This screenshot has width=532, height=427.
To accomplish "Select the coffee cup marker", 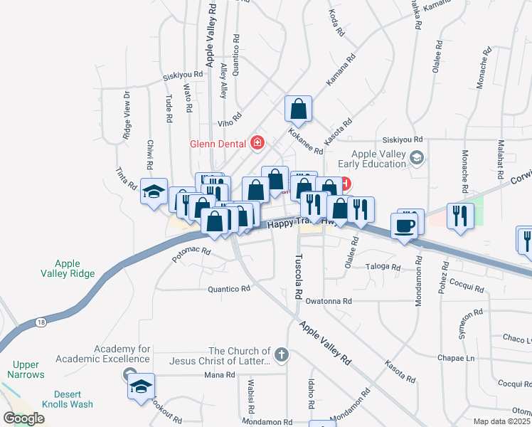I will point(404,226).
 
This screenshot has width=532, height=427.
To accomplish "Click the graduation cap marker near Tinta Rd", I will point(153,191).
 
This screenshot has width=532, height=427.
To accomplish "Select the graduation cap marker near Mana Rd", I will point(141,387).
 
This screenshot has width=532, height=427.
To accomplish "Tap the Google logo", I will point(24,418).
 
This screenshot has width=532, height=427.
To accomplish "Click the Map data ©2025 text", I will point(501,422).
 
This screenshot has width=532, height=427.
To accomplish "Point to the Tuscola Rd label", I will point(299,276).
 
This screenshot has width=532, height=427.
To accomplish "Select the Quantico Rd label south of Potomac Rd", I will point(229,289).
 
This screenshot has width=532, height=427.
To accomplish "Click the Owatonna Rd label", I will point(329,301).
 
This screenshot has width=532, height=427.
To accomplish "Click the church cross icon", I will point(282,354).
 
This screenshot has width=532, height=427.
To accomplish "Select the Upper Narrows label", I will point(26,369).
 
